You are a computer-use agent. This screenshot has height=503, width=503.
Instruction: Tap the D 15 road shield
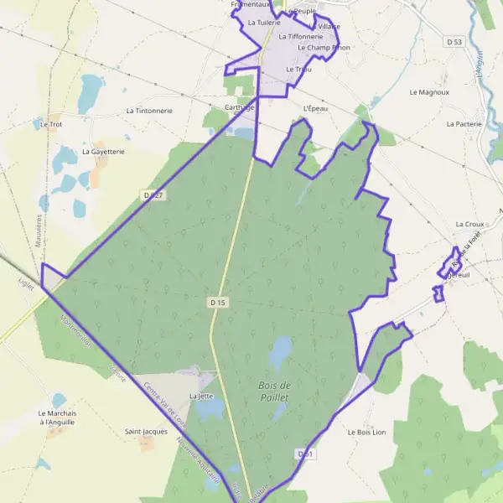pos(218,300)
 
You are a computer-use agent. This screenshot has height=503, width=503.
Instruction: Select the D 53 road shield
pos(454,41)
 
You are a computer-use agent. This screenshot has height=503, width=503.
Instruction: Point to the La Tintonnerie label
pos(149,111)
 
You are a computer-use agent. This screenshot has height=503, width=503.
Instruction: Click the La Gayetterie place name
pos(103,152)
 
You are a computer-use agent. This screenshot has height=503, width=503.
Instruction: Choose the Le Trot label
pos(52,124)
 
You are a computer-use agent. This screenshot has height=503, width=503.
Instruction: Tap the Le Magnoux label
pos(429,92)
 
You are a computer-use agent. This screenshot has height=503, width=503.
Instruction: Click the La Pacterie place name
pos(464,123)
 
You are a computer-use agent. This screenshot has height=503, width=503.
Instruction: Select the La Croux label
pos(470,225)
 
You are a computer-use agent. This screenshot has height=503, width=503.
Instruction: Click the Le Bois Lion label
pos(366,433)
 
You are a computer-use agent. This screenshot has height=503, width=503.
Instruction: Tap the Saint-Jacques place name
pos(146,432)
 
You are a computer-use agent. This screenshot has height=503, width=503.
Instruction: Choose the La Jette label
pos(201,396)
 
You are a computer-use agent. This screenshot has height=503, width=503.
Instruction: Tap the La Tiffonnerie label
pos(300,37)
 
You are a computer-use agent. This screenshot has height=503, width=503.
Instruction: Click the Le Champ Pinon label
pos(323,48)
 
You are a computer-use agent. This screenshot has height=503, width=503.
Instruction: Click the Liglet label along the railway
pos(26,285)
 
